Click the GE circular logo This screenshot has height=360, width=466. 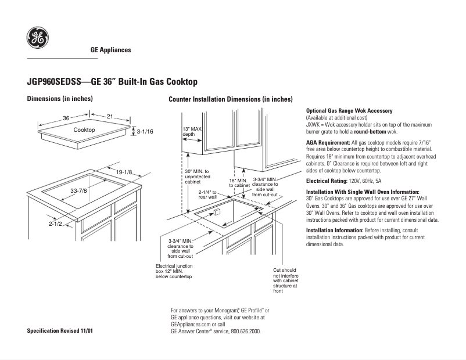point(37,39)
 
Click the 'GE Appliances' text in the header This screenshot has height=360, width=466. point(110,50)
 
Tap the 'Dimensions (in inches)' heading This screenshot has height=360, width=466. point(60,99)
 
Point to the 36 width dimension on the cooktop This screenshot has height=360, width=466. point(66,118)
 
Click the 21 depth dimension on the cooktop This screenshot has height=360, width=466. point(109,117)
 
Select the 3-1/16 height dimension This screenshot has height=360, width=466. point(144,132)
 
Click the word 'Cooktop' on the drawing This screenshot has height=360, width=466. point(84,130)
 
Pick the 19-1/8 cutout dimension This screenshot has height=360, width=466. point(124,172)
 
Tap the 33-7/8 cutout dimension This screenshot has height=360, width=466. point(78,190)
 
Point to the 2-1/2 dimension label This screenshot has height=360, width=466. point(55,223)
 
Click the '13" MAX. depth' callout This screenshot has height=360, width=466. point(192,131)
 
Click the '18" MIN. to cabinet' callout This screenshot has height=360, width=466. point(239,183)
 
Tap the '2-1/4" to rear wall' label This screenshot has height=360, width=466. point(207,195)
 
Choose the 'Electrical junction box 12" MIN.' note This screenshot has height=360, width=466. point(174,271)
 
